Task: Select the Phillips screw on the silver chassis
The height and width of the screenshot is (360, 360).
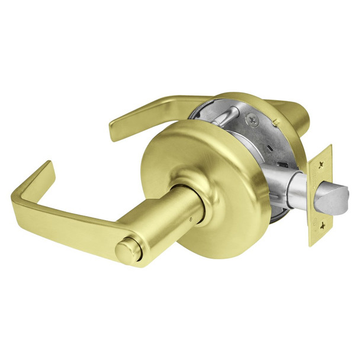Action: pos(256,120)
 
